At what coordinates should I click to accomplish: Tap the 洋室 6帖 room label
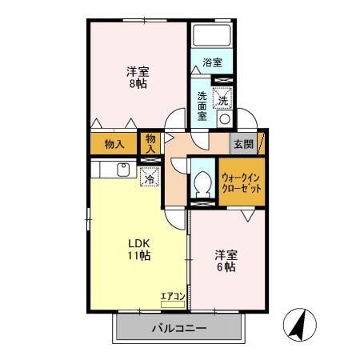225,261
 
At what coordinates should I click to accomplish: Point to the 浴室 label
211,62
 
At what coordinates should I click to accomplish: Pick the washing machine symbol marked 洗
225,100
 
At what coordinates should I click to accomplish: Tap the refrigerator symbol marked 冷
149,178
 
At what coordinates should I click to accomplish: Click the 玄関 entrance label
243,145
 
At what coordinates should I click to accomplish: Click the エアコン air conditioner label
173,297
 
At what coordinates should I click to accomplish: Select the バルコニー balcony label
179,328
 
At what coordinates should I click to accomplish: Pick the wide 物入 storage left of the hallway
114,145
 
